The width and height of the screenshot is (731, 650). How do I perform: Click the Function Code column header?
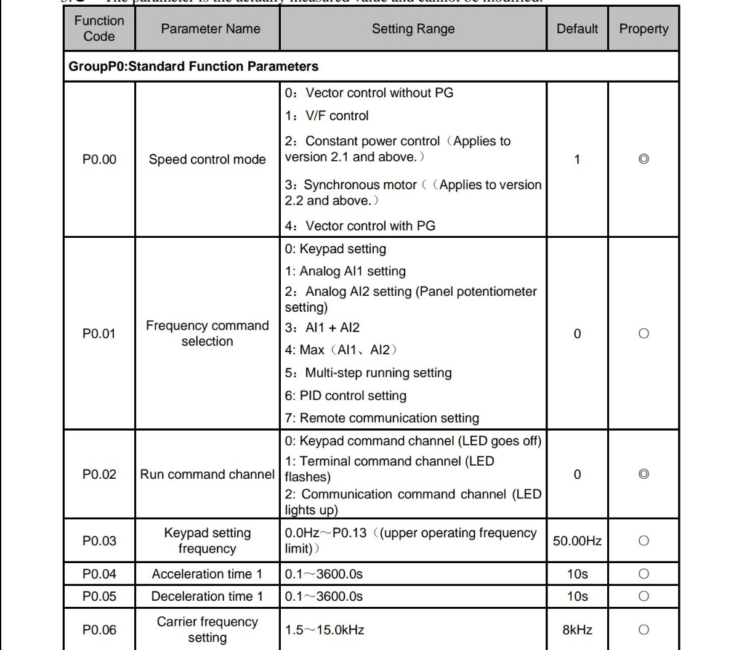99,28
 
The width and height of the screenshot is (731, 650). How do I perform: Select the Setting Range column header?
413,29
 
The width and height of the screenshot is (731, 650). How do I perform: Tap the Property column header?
644,29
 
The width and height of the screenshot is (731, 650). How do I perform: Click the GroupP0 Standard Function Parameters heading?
193,67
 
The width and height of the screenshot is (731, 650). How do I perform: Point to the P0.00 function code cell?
99,160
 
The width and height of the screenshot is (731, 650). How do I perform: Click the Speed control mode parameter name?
207,160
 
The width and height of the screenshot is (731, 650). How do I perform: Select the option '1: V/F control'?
326,116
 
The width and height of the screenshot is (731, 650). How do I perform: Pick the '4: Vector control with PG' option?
360,226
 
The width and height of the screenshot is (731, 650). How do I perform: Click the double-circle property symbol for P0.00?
644,160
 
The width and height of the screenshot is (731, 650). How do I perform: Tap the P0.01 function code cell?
99,333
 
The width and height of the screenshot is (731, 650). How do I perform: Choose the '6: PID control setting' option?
345,396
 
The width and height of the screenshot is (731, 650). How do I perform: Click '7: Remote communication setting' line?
382,418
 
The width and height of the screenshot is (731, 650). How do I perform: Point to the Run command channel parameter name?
207,474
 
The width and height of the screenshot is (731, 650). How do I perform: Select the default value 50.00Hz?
577,541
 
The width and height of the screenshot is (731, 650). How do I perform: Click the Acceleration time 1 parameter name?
207,574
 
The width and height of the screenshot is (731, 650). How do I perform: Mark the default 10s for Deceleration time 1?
577,596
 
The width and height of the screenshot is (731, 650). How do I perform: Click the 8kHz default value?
577,630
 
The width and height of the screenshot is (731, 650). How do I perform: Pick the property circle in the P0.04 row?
644,574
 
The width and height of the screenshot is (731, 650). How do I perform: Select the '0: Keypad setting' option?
335,249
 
